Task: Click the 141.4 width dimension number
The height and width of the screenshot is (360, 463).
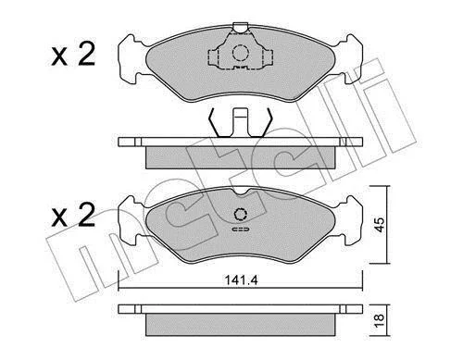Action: (x=241, y=280)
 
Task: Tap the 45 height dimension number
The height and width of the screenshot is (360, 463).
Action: (x=380, y=225)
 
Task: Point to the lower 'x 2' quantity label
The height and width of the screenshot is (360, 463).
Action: (x=73, y=216)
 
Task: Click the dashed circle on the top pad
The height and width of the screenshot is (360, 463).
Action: (x=241, y=53)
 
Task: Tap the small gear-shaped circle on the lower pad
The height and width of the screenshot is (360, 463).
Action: (x=241, y=215)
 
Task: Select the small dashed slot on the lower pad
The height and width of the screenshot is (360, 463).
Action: (x=241, y=230)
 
